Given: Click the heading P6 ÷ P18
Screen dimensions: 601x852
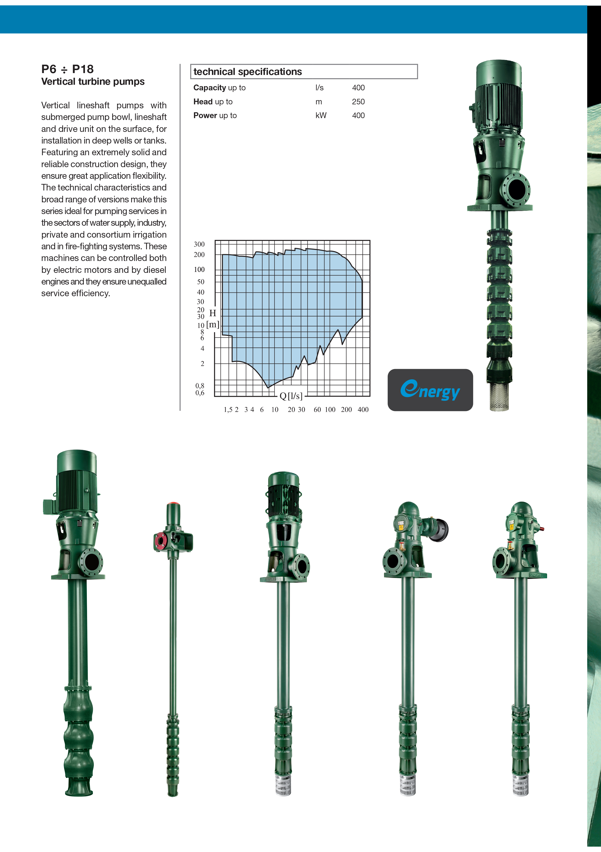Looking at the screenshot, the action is (67, 69).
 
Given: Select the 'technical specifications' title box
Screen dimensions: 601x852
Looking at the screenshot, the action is (304, 71).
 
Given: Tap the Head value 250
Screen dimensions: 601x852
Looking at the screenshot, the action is (358, 102).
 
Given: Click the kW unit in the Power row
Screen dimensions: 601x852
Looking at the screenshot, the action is (321, 115).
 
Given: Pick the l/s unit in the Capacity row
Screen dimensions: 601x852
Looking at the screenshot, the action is (320, 88).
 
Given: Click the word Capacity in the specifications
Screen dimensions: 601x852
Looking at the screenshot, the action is (210, 88).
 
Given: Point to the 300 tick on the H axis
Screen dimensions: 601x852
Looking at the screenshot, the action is (199, 244).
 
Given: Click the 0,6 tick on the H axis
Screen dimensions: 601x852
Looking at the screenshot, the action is (200, 393).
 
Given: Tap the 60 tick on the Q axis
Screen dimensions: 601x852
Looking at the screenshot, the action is (317, 410).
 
